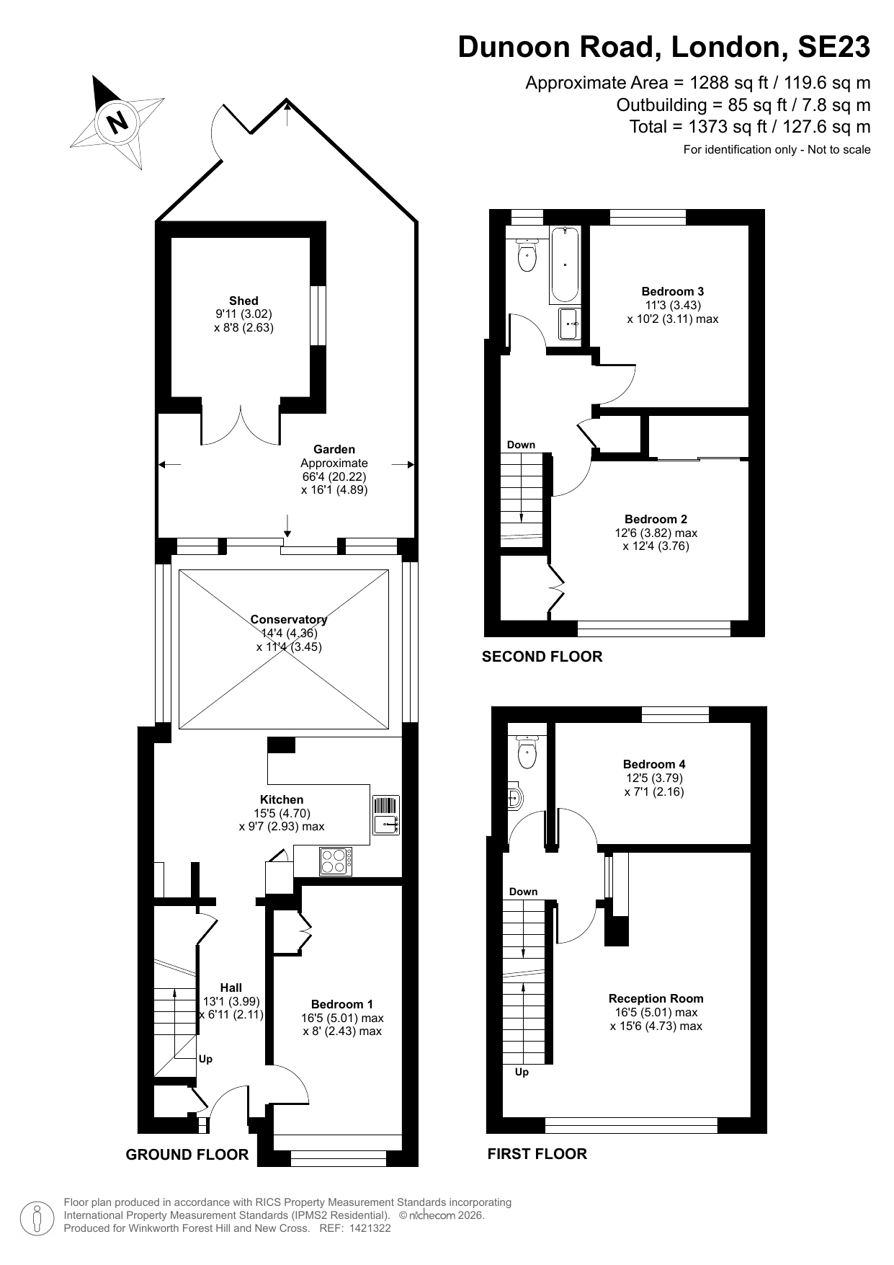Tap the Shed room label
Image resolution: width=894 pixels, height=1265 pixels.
click(243, 301)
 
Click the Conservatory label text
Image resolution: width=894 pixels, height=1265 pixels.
click(288, 619)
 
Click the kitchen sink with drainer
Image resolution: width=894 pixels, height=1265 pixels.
click(386, 815)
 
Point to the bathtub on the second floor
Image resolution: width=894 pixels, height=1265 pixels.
click(565, 265)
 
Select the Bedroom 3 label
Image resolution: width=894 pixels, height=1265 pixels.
click(672, 291)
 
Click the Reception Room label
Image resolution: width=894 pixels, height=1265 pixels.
click(656, 998)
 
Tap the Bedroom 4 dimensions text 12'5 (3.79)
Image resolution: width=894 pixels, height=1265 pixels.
click(654, 778)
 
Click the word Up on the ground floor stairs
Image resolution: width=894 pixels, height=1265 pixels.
click(205, 1059)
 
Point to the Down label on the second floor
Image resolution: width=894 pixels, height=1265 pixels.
click(521, 445)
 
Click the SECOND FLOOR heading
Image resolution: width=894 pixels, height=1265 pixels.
click(542, 657)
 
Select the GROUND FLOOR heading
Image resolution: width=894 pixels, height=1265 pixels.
click(187, 1155)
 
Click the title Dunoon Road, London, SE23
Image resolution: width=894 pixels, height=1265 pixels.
click(663, 48)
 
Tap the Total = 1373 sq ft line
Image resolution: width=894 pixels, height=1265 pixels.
click(749, 127)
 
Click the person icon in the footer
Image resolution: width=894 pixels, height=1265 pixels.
click(37, 1218)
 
